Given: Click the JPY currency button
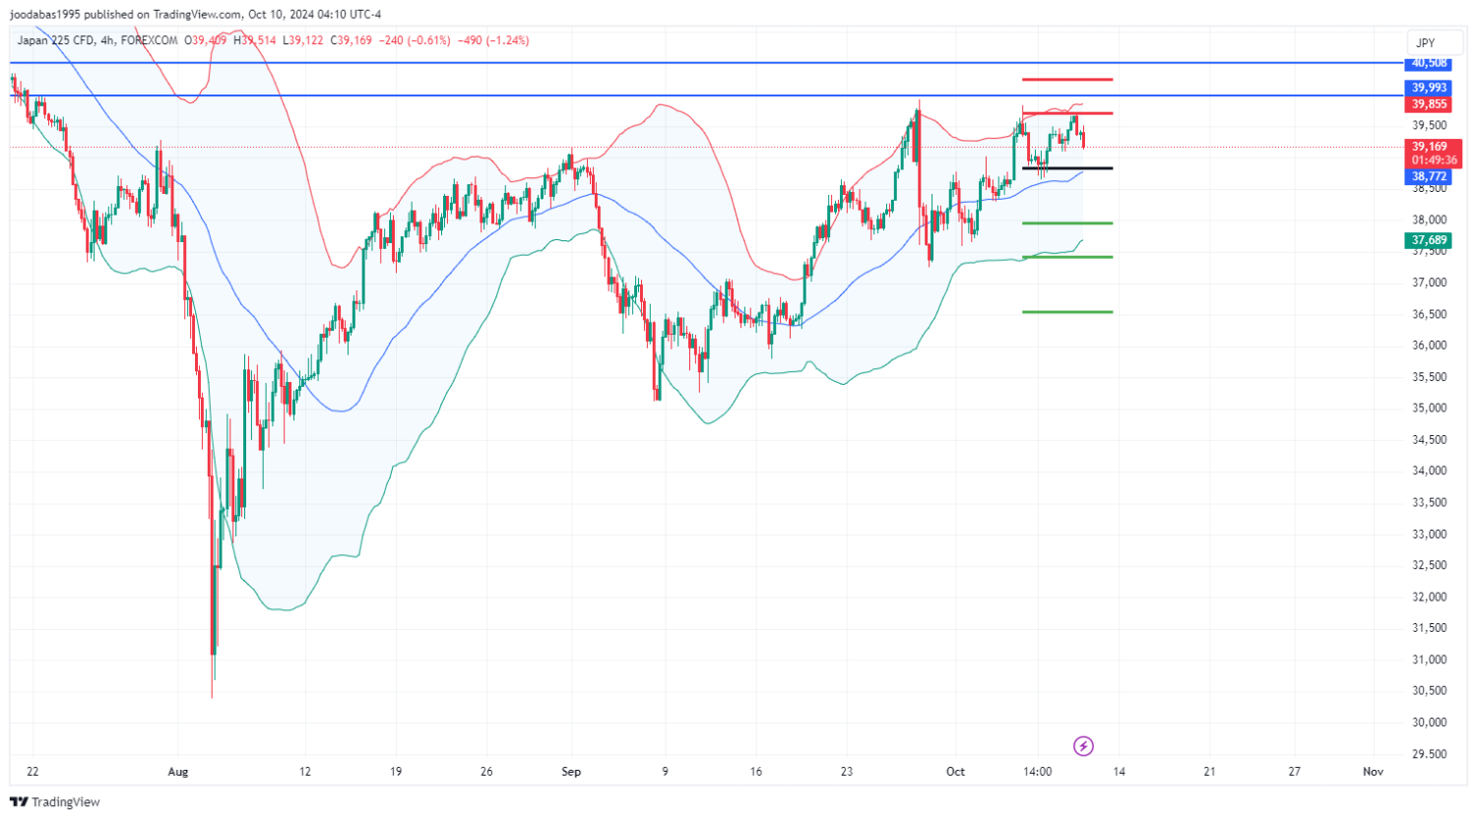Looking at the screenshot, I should [x=1425, y=42].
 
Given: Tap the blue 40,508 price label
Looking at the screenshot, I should [x=1429, y=63].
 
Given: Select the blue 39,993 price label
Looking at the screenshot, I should [x=1429, y=89].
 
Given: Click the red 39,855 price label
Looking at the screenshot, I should [x=1429, y=104].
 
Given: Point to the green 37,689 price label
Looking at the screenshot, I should [x=1429, y=240].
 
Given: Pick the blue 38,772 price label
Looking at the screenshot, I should [x=1429, y=177].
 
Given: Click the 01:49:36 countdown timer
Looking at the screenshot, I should [x=1434, y=160].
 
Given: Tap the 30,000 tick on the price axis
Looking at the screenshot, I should [x=1430, y=723].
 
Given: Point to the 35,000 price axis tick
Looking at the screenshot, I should [x=1430, y=409].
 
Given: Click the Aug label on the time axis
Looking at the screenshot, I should [x=177, y=772].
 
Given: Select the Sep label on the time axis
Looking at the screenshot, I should [x=571, y=772].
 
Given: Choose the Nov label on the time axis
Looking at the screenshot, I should [x=1373, y=772].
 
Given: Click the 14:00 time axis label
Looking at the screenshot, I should [x=1038, y=772].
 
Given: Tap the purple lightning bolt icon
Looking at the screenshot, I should [x=1083, y=746].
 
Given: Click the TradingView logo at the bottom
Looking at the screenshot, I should [x=55, y=802].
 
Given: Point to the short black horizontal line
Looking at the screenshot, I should [x=1067, y=168].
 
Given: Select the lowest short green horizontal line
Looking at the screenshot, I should [x=1067, y=312].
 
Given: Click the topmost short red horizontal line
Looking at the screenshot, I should [x=1067, y=79].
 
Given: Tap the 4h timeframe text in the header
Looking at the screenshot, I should [x=106, y=40].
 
